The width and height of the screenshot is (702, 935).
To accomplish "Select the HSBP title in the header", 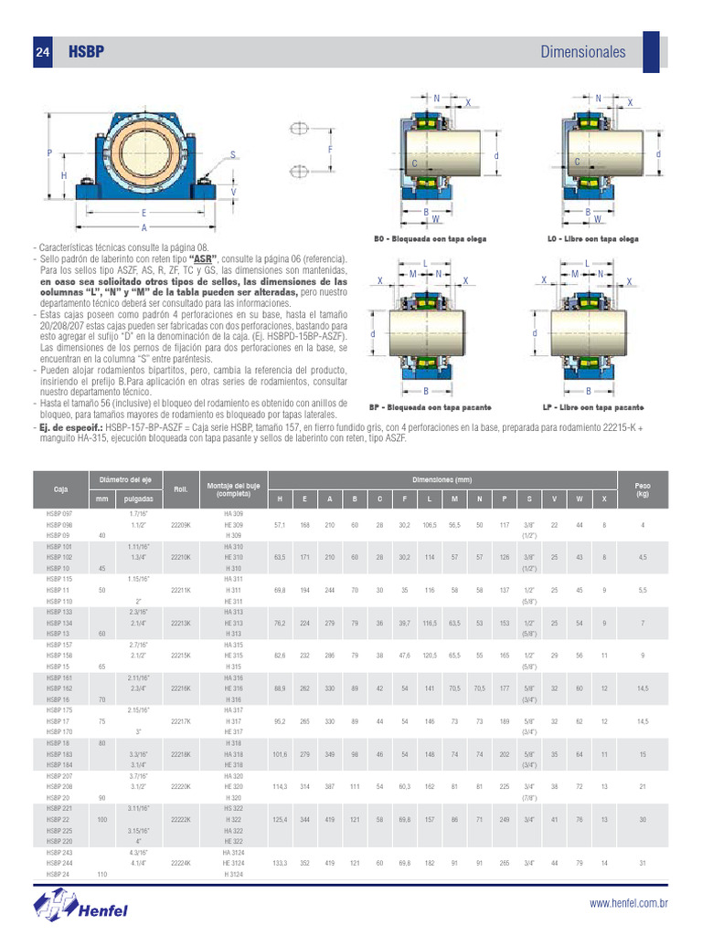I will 86,53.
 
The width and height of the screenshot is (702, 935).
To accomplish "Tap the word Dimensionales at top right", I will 583,52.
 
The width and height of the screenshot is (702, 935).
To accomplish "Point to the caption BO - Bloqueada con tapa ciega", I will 430,239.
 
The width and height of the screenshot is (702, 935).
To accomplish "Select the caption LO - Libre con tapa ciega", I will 592,239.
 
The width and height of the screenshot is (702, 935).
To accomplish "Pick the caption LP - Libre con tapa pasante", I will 592,407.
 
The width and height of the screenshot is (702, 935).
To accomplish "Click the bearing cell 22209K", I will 181,526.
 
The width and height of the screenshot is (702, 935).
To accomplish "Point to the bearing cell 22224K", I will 181,862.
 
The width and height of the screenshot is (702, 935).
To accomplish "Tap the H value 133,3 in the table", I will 280,862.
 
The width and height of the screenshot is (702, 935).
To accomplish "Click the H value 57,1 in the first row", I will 280,526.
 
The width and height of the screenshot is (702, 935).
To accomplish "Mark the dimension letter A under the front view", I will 144,227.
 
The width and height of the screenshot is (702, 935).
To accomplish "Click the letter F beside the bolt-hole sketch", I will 329,149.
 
